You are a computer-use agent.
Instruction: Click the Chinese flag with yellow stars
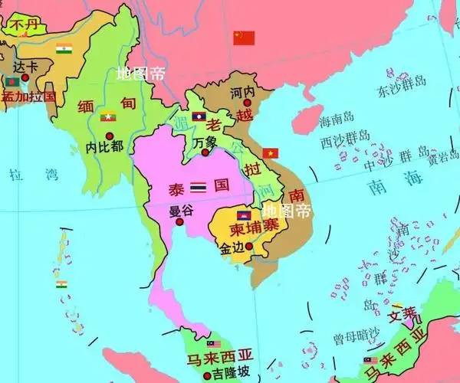pos(244,38)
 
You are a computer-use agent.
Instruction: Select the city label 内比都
pos(104,146)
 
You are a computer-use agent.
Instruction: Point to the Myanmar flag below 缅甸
pos(108,116)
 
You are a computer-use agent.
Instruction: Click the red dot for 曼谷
pos(179,222)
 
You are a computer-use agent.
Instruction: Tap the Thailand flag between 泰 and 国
pos(199,186)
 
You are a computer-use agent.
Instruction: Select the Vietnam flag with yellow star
pos(270,153)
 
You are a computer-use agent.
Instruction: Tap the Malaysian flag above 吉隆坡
pos(213,344)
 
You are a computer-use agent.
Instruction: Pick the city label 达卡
pos(25,67)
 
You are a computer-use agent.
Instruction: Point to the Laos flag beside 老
pos(199,117)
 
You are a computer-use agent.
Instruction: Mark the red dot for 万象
pos(205,153)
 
